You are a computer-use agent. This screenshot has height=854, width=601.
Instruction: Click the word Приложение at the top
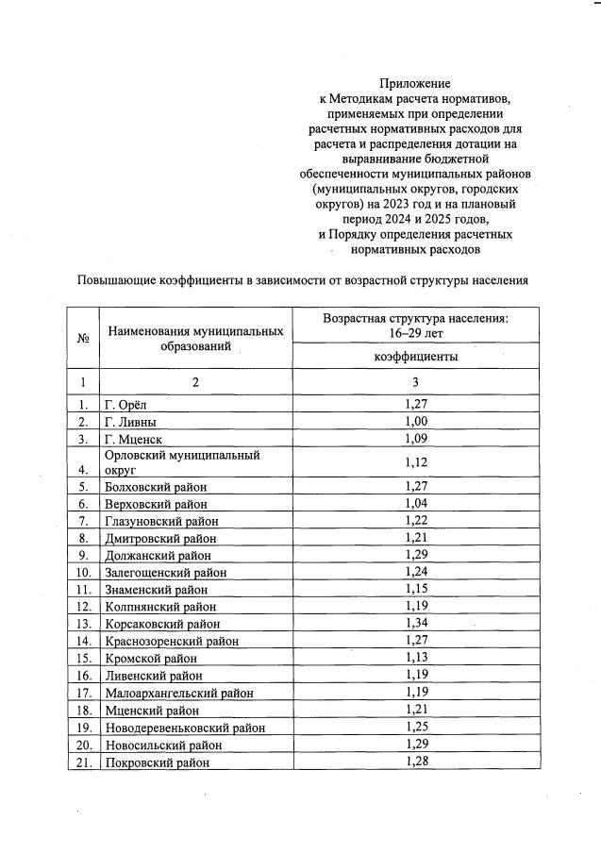pos(415,84)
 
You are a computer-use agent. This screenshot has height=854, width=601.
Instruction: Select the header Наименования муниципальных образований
pos(195,339)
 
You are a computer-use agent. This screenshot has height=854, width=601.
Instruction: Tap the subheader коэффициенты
pos(415,357)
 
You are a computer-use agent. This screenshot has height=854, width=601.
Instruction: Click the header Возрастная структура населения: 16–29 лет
pos(415,326)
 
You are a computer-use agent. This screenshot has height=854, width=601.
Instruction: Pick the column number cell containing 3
pos(415,382)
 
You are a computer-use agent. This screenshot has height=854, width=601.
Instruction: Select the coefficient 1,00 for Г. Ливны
pos(415,421)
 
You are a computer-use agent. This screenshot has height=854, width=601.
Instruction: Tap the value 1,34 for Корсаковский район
pos(415,624)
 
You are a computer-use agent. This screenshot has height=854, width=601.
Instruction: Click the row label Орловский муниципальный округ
pos(181,461)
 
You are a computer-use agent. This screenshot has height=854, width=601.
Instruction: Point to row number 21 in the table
pos(83,762)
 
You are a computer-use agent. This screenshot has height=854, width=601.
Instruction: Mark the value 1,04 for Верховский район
pos(415,504)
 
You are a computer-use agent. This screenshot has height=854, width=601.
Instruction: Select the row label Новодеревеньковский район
pos(185,728)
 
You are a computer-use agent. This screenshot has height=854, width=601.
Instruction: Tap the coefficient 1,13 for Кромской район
pos(415,659)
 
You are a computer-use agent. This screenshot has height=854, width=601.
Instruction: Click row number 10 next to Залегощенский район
pos(83,572)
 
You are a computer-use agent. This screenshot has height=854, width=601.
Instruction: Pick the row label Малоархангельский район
pos(179,693)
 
